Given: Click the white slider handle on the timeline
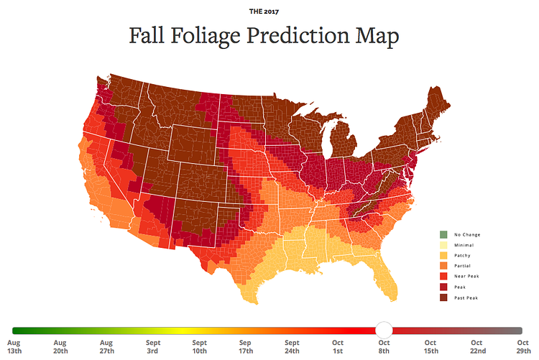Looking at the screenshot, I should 384,330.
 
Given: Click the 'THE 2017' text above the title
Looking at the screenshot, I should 269,11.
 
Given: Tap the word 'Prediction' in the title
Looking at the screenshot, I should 308,36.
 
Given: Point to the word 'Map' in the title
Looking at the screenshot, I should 378,36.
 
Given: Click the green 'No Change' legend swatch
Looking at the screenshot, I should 443,235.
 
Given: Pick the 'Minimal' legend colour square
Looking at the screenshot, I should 443,245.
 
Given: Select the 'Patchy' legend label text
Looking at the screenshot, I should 464,256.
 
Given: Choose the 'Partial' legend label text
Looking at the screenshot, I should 464,266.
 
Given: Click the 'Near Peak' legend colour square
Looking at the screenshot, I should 443,277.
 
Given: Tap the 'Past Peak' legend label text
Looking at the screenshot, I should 466,297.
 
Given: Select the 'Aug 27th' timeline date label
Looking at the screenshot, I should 106,347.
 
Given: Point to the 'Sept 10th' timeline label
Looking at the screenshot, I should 199,347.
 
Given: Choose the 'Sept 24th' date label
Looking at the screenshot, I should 292,347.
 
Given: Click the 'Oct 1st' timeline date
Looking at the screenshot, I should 338,347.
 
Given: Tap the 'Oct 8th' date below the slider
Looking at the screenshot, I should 384,347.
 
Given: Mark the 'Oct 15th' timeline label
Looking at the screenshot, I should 430,347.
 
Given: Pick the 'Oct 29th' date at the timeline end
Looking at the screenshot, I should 523,347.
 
